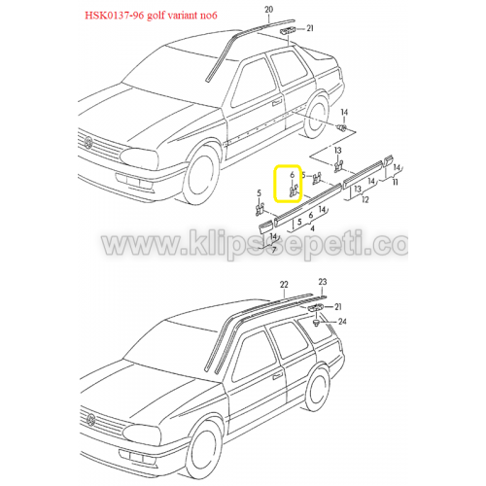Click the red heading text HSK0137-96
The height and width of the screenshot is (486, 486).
114,16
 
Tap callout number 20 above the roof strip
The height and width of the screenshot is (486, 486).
269,10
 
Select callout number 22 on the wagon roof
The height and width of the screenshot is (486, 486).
284,285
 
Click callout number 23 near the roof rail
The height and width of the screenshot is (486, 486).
323,282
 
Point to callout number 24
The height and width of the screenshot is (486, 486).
342,322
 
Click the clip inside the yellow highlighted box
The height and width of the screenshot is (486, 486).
294,191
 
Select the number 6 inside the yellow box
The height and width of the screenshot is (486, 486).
292,175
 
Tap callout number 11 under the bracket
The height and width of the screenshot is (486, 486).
396,182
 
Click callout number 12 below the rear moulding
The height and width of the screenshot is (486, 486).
365,199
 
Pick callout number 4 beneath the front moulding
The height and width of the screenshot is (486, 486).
312,228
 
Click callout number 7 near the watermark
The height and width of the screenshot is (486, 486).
274,250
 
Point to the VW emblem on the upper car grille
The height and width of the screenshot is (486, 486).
88,143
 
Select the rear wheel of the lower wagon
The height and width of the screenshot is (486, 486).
318,388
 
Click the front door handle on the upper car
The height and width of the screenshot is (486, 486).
277,103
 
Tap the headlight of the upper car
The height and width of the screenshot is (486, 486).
141,158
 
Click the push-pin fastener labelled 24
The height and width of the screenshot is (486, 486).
317,323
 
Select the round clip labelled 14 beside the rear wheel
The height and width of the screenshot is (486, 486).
341,127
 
